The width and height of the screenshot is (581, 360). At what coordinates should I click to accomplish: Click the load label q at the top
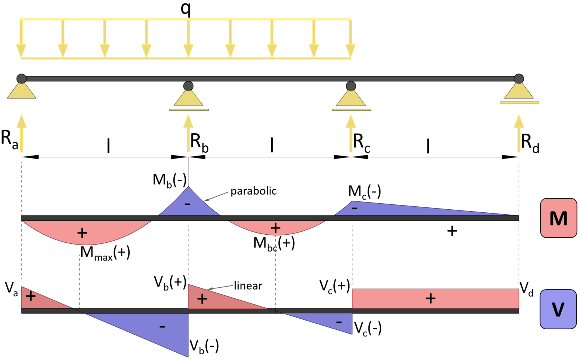[x=185, y=9]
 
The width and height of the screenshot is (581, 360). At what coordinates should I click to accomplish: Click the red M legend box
[x=558, y=218]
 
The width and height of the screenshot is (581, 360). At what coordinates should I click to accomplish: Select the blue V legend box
[x=558, y=309]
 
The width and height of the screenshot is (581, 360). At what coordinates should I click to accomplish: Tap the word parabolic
[x=253, y=191]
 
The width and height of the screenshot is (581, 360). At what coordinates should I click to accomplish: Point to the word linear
[x=248, y=285]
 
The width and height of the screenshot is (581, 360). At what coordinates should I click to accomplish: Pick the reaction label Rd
[x=530, y=143]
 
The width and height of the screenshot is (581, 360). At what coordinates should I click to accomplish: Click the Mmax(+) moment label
[x=105, y=253]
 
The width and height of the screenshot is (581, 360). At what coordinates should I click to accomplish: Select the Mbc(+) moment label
[x=274, y=243]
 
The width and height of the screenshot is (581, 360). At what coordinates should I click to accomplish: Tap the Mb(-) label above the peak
[x=169, y=180]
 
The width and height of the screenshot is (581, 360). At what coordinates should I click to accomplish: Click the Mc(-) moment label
[x=364, y=192]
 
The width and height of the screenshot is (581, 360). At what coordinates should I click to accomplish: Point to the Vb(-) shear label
[x=204, y=346]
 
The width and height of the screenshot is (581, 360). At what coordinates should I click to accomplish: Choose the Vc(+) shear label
[x=335, y=286]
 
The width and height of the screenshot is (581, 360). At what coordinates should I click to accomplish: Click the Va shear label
[x=11, y=288]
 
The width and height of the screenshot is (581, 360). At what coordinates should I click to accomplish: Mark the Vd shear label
[x=526, y=289]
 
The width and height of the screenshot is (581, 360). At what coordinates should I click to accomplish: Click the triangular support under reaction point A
[x=22, y=91]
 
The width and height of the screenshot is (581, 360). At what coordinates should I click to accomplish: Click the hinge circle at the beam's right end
[x=519, y=79]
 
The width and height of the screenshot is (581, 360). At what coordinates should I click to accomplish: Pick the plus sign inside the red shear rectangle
[x=430, y=299]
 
